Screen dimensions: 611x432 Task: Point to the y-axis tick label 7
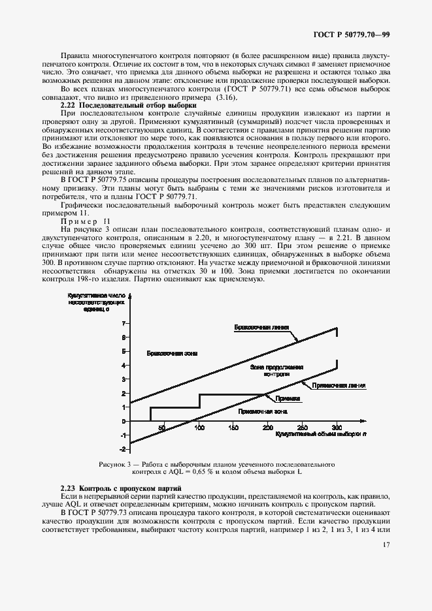pos(124,323)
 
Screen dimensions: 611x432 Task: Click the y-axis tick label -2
pos(122,450)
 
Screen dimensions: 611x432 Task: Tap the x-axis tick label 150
pos(233,428)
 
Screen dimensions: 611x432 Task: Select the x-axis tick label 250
pos(302,428)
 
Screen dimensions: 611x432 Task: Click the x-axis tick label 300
pos(337,428)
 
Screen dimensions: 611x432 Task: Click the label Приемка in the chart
pos(287,398)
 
